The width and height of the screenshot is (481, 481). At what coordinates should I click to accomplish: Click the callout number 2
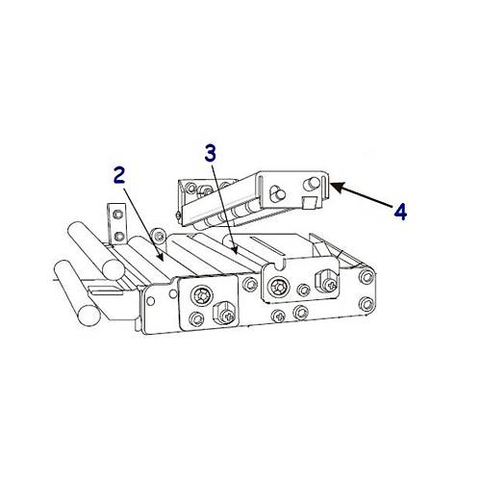point(119,175)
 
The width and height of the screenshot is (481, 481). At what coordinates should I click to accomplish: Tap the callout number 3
point(211,153)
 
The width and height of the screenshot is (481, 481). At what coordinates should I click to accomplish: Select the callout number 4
point(400,212)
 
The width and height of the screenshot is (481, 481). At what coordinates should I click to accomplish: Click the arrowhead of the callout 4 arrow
point(338,187)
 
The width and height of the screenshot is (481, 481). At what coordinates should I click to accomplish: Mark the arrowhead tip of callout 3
point(237,254)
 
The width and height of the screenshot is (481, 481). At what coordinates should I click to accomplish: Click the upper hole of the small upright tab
point(118,214)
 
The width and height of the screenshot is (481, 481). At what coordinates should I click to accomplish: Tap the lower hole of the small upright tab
point(118,237)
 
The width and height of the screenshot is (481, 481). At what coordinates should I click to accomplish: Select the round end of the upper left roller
point(113,268)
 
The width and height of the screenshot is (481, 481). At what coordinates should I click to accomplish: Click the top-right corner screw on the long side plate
point(367,276)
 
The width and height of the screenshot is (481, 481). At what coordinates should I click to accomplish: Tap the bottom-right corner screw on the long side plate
point(367,304)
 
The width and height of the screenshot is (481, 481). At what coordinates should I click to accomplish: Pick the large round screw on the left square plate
point(202,294)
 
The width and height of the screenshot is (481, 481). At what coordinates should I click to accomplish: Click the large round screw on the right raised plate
point(279,287)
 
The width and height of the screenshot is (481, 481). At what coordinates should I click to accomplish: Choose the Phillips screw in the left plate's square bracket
point(229,316)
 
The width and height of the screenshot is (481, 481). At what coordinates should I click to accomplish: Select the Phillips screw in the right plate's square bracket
point(330,284)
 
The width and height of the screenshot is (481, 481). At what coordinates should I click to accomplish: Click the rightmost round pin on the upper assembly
point(312,183)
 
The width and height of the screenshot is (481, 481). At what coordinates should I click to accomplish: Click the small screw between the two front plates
point(250,285)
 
